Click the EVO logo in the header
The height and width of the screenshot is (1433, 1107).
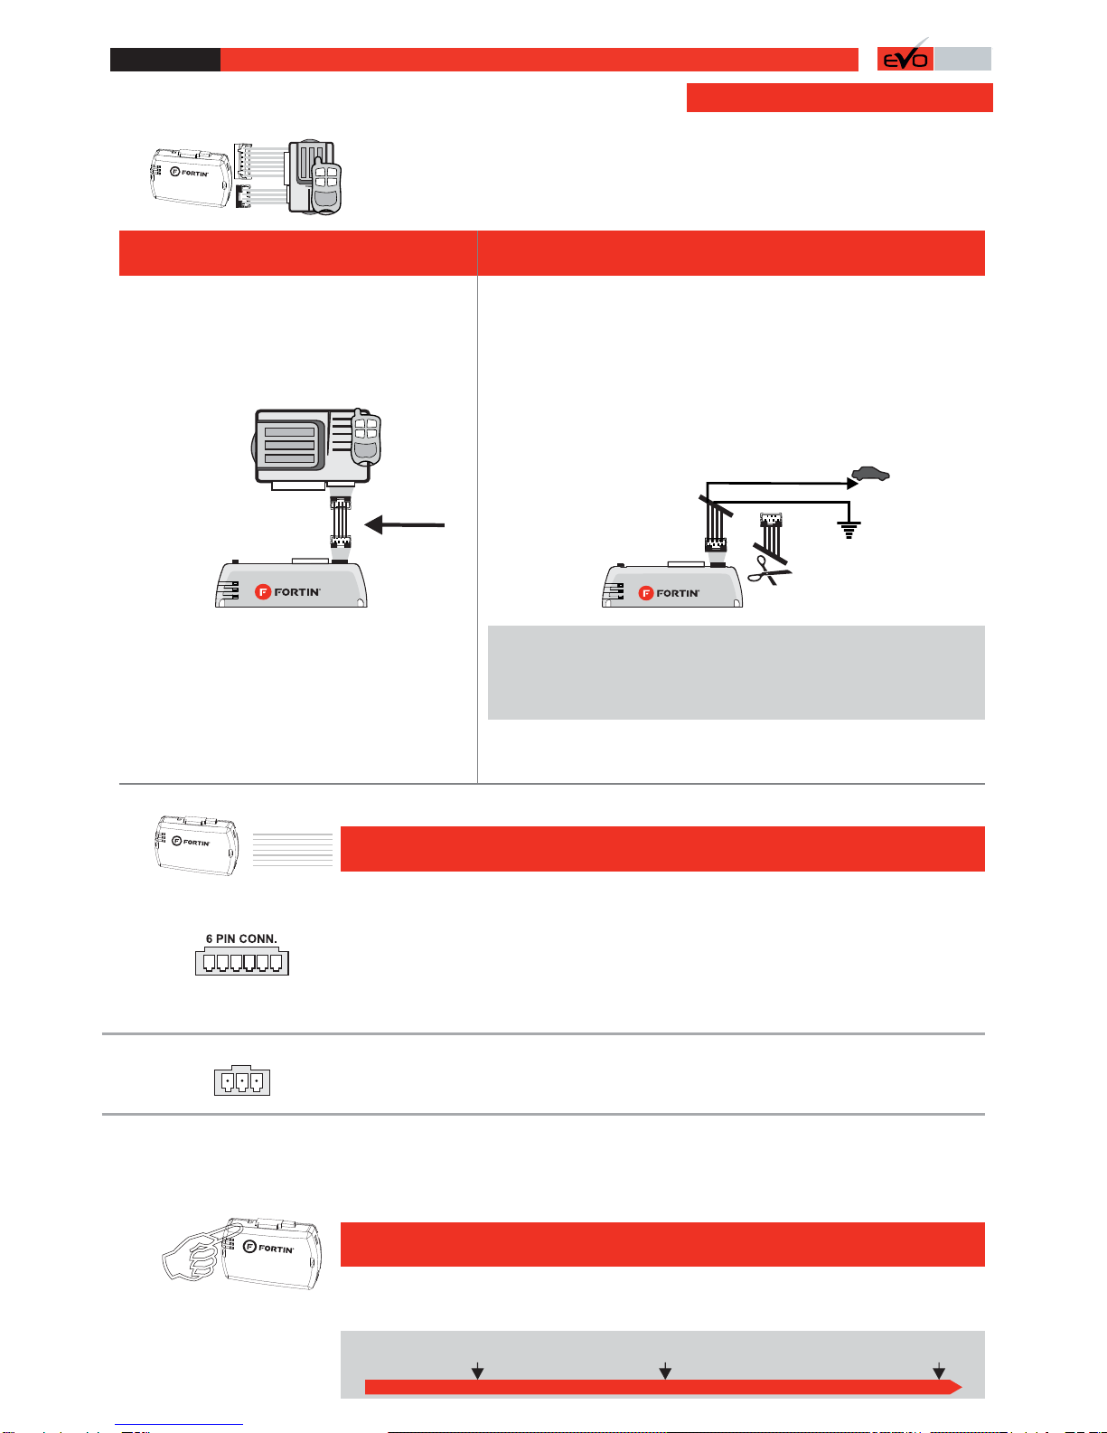click(905, 59)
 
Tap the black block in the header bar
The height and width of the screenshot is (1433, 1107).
click(164, 60)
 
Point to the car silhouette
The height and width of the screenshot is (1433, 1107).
click(870, 473)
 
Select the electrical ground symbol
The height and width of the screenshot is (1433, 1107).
click(849, 529)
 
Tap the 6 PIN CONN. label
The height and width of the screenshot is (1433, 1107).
click(241, 938)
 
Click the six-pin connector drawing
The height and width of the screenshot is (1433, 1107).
click(241, 962)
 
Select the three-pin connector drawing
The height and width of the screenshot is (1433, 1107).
click(242, 1080)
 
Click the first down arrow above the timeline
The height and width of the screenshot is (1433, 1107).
click(477, 1371)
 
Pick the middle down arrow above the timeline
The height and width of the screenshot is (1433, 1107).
click(665, 1371)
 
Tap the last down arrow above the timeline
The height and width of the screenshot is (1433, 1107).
click(939, 1371)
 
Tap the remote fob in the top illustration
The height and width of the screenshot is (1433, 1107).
click(325, 186)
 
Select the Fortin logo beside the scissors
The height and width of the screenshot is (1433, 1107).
click(670, 593)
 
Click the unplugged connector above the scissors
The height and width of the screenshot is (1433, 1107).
click(771, 520)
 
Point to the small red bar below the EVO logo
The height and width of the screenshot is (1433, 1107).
click(840, 98)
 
